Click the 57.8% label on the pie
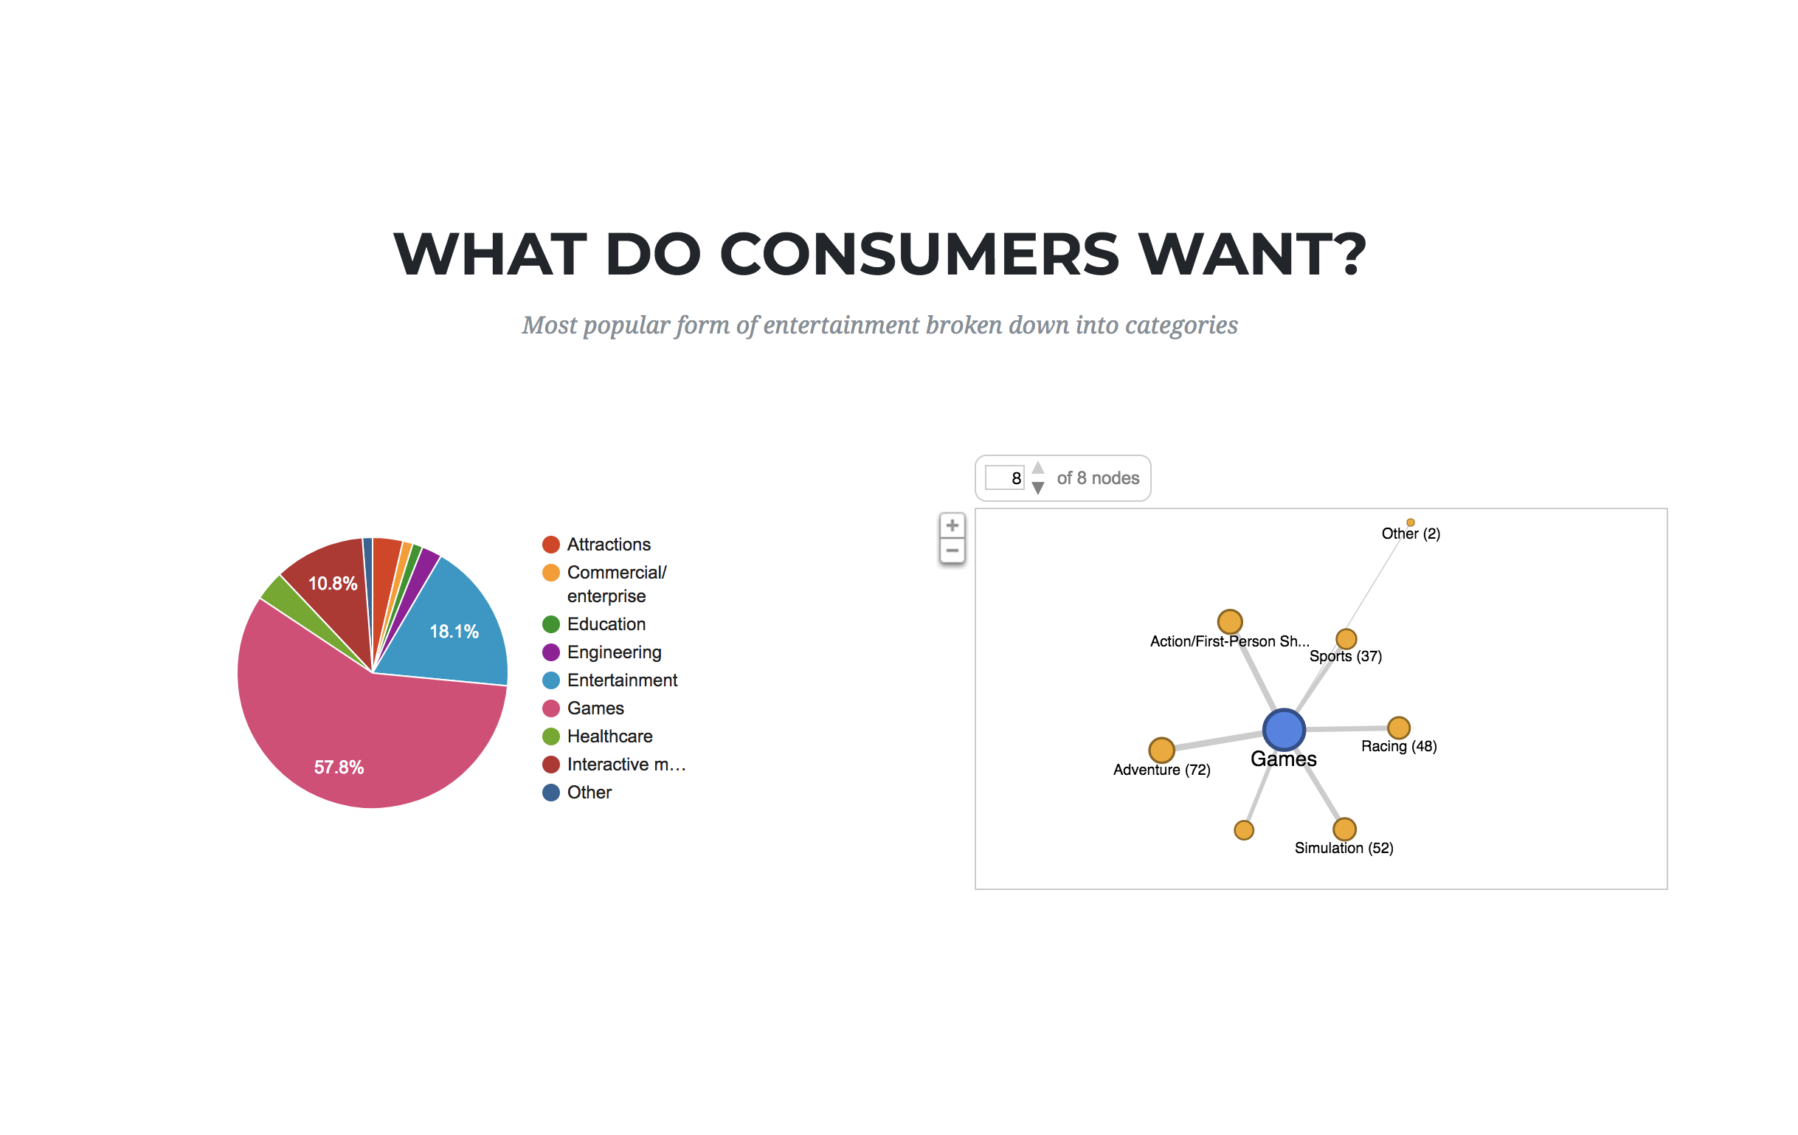coord(339,767)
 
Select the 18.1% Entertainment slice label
coord(454,632)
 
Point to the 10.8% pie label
coord(333,583)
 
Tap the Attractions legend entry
coord(597,545)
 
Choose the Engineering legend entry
coord(602,652)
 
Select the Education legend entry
coord(594,624)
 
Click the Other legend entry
coord(576,793)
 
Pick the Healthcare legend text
coord(610,736)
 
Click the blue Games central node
coord(1284,730)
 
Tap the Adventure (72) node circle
coord(1161,749)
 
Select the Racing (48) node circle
coord(1399,728)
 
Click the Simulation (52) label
coord(1344,847)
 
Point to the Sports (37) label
coord(1346,655)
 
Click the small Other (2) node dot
coord(1411,522)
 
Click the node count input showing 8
coord(1004,478)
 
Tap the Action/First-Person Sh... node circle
coord(1230,621)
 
